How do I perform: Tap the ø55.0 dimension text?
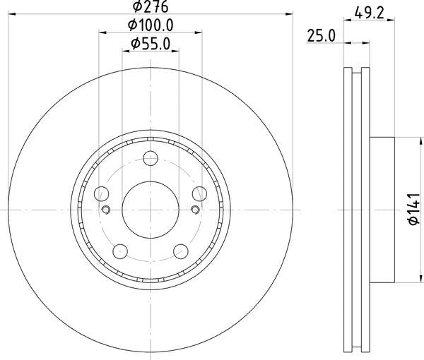(151, 44)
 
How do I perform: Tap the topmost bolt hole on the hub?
(151, 160)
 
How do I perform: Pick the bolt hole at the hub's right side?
(198, 193)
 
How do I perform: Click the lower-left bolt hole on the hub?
(121, 249)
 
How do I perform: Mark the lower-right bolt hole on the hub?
(180, 249)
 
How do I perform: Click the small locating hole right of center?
(195, 209)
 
